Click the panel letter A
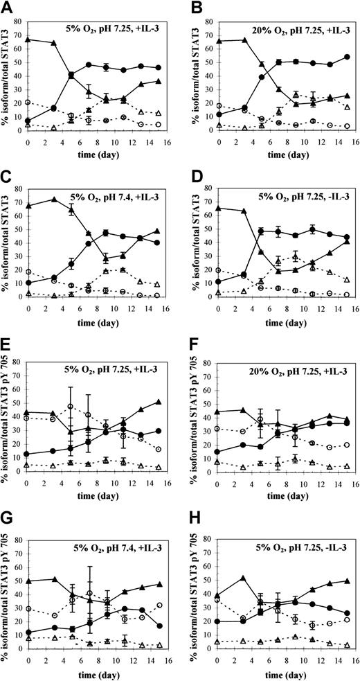tap(6, 8)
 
